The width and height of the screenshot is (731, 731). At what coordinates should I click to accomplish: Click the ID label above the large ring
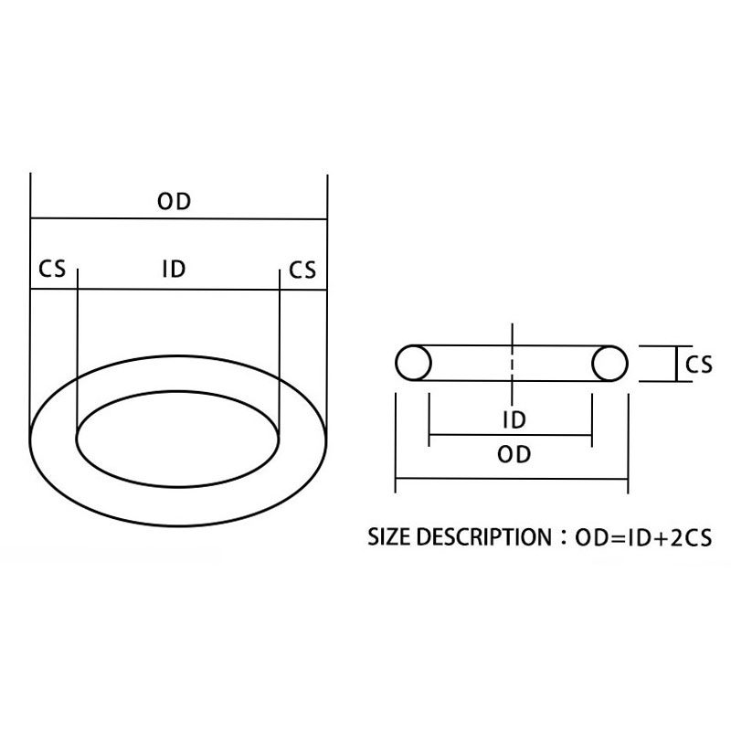(174, 270)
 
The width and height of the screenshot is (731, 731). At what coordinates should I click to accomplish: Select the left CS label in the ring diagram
(51, 270)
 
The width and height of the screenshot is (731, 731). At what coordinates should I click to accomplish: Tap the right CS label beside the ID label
(302, 270)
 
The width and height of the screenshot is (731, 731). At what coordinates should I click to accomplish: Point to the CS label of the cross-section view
(698, 365)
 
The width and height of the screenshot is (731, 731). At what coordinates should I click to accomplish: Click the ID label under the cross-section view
(514, 421)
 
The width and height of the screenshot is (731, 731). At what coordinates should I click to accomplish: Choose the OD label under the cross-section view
(515, 455)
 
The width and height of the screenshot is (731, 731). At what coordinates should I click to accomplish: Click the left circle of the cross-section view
(413, 363)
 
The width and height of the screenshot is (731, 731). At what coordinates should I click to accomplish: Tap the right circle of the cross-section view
(609, 364)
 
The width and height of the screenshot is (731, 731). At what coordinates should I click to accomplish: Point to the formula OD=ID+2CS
(642, 537)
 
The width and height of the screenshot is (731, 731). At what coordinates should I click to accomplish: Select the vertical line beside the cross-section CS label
(674, 364)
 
